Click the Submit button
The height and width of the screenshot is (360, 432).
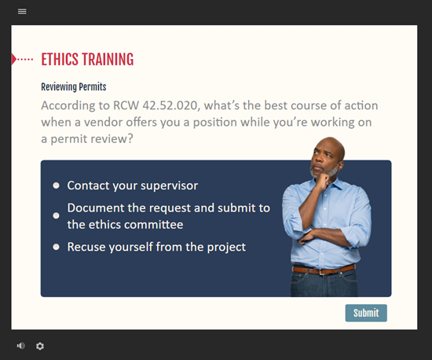(366, 313)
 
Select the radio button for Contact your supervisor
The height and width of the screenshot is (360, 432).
(56, 186)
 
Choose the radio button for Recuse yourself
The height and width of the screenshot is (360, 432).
(56, 247)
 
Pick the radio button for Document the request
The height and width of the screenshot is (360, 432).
(56, 215)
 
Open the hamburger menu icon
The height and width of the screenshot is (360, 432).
(22, 11)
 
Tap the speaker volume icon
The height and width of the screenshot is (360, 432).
(20, 346)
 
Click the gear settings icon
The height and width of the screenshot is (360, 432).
(40, 346)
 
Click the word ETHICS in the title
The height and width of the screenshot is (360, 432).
(60, 59)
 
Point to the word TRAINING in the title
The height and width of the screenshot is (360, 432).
(108, 59)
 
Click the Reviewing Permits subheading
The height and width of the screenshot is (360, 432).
(74, 86)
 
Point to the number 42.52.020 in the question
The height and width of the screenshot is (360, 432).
(170, 105)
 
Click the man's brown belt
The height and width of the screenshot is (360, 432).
(324, 270)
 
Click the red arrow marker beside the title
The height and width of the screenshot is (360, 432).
(14, 59)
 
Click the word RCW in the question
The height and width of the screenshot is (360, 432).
(126, 105)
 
